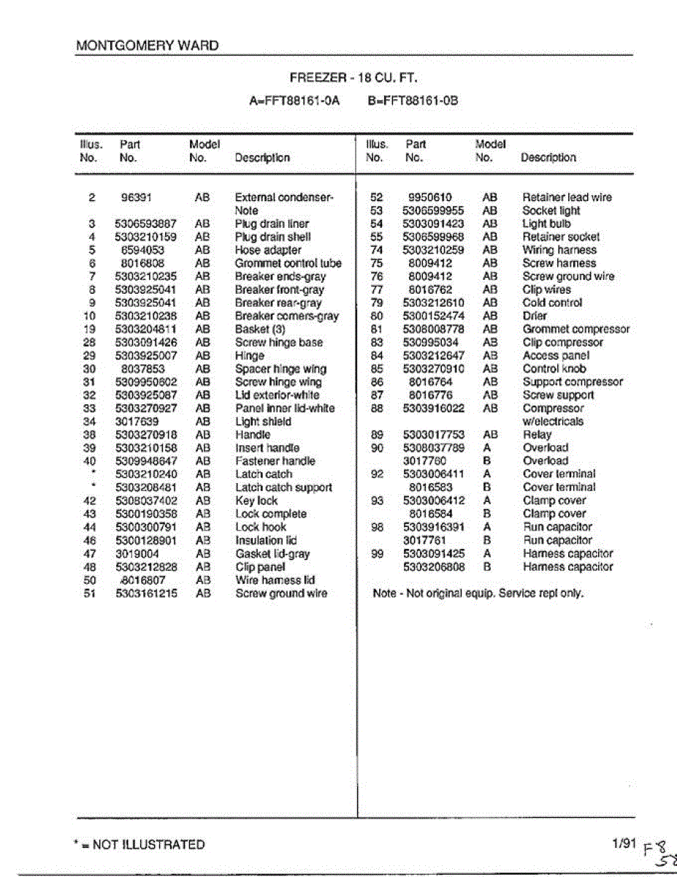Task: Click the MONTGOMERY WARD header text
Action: (x=147, y=45)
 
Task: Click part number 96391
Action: (x=137, y=197)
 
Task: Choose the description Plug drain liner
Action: (x=272, y=224)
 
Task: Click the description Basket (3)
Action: (x=260, y=329)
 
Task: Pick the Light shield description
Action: (x=263, y=422)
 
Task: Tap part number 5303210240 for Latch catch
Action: (x=146, y=474)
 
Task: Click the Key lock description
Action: (x=256, y=501)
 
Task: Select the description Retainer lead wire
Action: (x=567, y=197)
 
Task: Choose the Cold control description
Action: (x=552, y=303)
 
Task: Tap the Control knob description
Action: (x=554, y=369)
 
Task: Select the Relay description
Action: (x=537, y=435)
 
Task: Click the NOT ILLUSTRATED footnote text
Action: (x=139, y=845)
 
